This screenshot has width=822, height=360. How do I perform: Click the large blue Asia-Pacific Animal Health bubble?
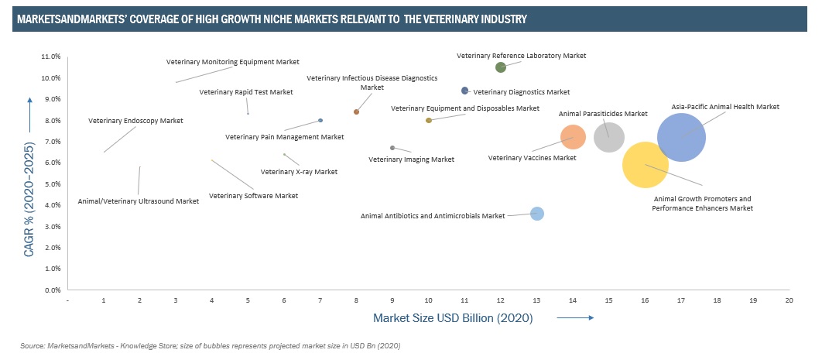click(x=681, y=137)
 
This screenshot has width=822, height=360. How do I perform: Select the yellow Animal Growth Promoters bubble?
click(x=646, y=164)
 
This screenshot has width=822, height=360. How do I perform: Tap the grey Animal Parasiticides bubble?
click(x=609, y=137)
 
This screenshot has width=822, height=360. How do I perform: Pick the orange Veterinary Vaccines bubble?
click(x=573, y=138)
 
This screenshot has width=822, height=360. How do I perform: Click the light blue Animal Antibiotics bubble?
click(x=536, y=214)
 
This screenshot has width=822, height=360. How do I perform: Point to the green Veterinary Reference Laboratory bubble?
click(x=501, y=67)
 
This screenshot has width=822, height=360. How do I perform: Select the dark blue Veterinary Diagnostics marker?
click(x=464, y=91)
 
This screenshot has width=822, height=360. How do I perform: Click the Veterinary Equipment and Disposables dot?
click(x=429, y=120)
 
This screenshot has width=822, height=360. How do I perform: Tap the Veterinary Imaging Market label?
click(x=411, y=159)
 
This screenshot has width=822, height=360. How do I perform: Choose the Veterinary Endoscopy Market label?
click(x=135, y=121)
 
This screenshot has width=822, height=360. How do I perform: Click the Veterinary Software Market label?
click(x=253, y=196)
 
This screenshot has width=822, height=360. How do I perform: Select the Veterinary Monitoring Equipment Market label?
click(x=232, y=62)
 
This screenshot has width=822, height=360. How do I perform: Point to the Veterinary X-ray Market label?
click(x=299, y=172)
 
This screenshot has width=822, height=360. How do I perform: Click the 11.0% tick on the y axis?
click(x=50, y=57)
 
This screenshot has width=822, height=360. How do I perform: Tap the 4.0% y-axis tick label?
click(x=51, y=205)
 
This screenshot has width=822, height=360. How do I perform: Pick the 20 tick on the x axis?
click(x=789, y=299)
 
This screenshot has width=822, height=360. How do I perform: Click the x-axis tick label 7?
click(x=320, y=299)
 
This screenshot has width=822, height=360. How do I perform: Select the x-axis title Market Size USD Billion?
click(x=453, y=317)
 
